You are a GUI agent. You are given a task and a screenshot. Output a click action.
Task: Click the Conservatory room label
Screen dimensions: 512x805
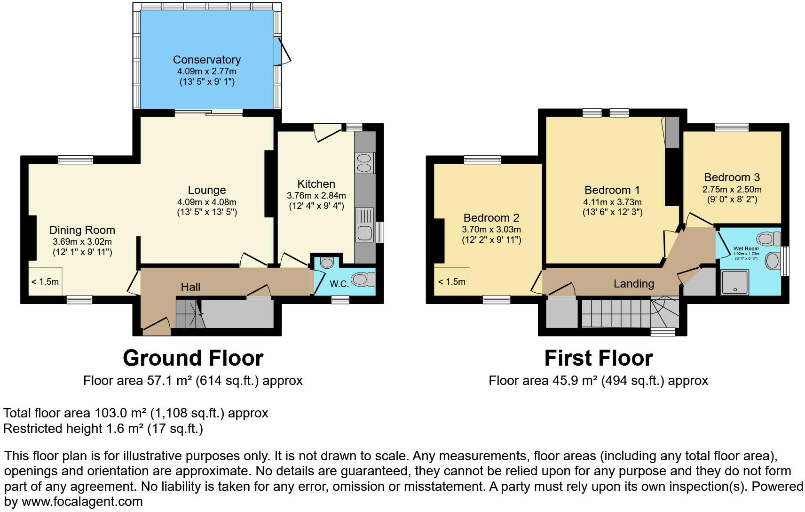point(206,60)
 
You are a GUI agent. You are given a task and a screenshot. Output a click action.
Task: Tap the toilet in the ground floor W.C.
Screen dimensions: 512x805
point(362,280)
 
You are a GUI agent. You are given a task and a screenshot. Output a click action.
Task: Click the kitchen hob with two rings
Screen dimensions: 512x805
point(364,163)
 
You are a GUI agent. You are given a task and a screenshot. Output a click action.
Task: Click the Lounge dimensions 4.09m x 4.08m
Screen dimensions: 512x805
point(206,202)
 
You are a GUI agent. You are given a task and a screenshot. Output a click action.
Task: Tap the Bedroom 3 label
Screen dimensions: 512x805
point(732,177)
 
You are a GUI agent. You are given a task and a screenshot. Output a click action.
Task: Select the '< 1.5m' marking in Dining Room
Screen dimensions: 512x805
point(45,282)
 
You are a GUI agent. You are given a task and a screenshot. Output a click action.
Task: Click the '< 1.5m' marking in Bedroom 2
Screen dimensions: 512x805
point(451,282)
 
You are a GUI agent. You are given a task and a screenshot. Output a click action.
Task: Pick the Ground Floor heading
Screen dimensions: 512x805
point(193,358)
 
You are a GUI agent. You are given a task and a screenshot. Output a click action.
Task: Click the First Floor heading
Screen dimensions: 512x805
point(598,358)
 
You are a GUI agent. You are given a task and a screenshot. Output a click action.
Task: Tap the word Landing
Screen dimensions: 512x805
point(633,284)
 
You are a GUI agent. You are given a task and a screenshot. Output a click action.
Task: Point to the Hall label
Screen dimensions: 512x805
point(190,287)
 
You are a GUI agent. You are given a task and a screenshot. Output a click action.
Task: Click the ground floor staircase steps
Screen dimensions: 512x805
point(188,313)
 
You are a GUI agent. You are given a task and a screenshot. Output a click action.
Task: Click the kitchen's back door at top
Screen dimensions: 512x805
point(328,131)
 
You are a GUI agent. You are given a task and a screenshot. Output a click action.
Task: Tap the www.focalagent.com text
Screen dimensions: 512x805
point(82,502)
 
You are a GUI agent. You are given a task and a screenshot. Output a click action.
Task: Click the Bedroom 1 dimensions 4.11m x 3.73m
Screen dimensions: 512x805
point(612,202)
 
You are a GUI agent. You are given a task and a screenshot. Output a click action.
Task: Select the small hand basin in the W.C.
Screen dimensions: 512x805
point(327,262)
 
